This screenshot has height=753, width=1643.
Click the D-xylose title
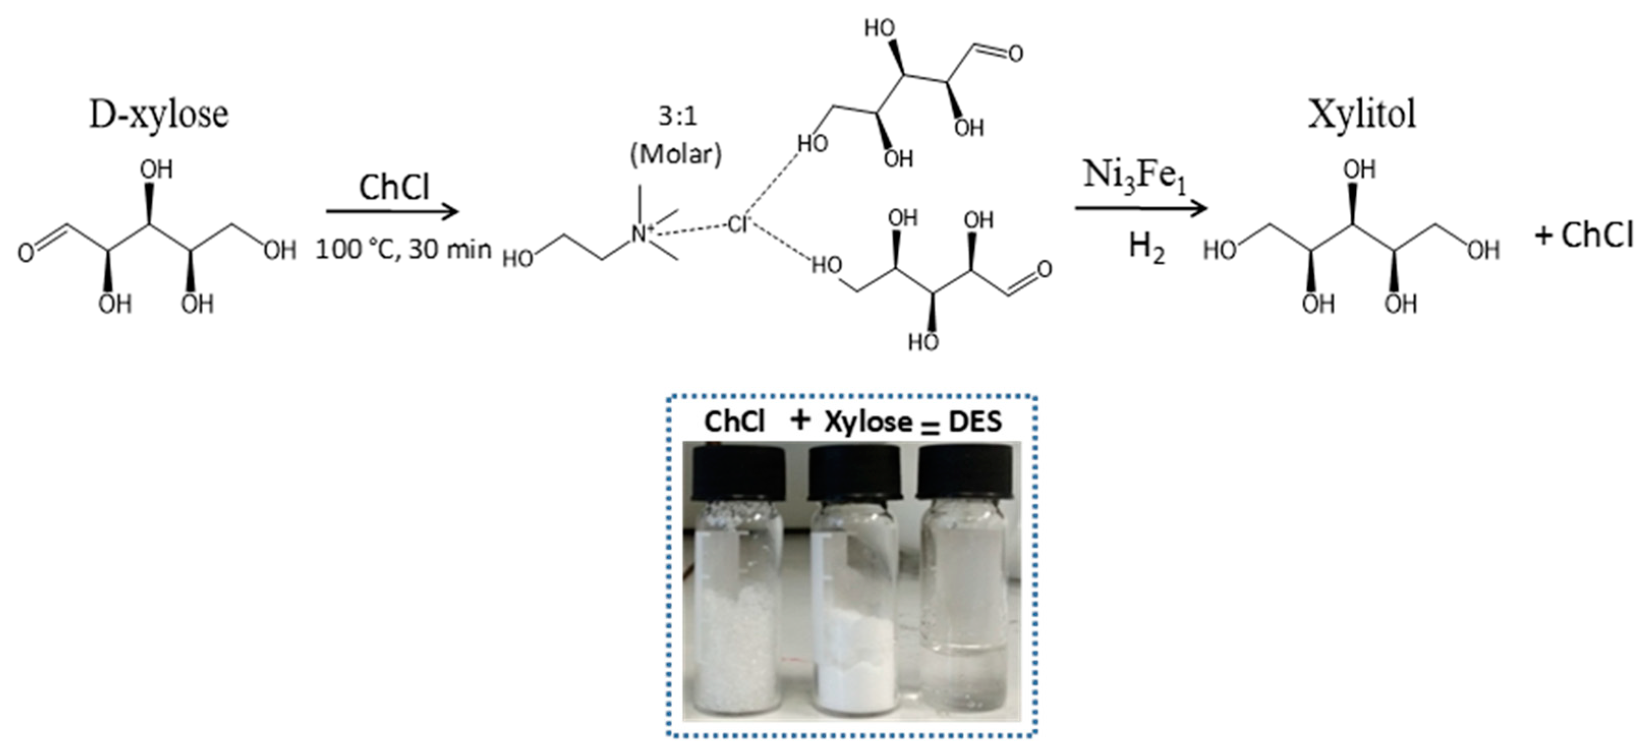(x=159, y=115)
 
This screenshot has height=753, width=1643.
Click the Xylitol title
(x=1362, y=115)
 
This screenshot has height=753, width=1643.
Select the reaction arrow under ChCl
(x=392, y=211)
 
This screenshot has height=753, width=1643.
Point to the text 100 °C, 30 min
(x=403, y=249)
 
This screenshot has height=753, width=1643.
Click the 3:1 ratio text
(x=677, y=116)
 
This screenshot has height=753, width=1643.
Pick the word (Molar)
(x=676, y=154)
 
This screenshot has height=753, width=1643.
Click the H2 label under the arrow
(x=1146, y=248)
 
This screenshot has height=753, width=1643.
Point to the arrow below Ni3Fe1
(x=1141, y=208)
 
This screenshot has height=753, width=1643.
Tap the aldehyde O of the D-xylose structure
(x=25, y=253)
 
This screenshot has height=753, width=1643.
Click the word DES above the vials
(x=975, y=422)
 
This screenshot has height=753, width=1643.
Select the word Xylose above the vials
(x=868, y=422)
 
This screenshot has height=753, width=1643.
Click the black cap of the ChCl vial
(x=737, y=472)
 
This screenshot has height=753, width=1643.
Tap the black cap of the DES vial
(x=966, y=472)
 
